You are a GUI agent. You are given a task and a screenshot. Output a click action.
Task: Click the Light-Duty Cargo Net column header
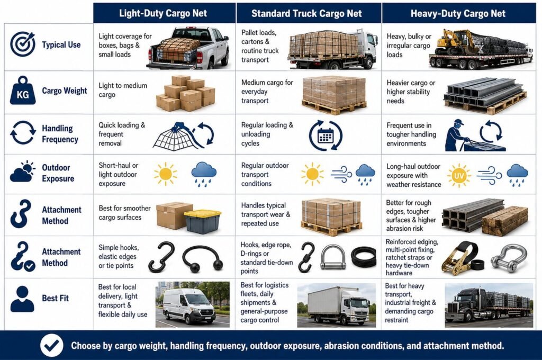[x=163, y=13]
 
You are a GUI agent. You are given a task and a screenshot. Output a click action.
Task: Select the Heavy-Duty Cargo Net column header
[x=458, y=13]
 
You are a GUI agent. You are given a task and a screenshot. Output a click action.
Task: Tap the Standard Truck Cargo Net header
[x=306, y=13]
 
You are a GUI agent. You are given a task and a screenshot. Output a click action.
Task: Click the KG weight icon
[x=23, y=91]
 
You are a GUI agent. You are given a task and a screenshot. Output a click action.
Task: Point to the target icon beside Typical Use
[x=23, y=44]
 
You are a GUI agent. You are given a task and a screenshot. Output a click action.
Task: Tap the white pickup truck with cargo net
[x=188, y=48]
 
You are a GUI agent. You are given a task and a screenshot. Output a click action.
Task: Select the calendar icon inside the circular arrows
[x=326, y=135]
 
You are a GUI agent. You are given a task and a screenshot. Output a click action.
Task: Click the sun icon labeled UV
[x=459, y=176]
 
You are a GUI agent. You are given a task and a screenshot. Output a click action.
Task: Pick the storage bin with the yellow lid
[x=203, y=221]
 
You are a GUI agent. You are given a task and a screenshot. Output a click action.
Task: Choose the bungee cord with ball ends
[x=202, y=258]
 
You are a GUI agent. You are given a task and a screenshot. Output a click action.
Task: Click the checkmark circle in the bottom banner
[x=51, y=345]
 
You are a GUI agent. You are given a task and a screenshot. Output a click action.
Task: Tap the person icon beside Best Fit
[x=22, y=299]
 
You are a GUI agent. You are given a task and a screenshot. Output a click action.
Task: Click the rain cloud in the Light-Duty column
[x=204, y=174]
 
